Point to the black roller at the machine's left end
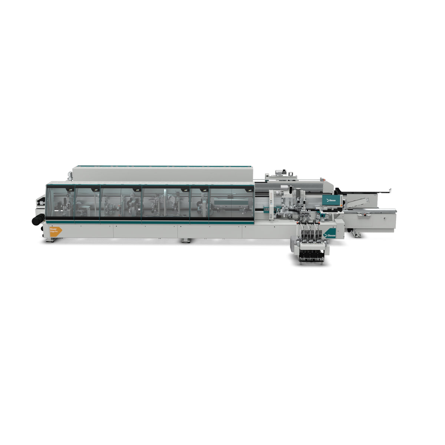pyautogui.click(x=38, y=220)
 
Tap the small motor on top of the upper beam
pyautogui.click(x=279, y=172)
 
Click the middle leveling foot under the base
pyautogui.click(x=186, y=241)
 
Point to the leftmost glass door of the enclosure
pyautogui.click(x=60, y=202)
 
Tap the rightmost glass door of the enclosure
pyautogui.click(x=231, y=202)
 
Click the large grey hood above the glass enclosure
pyautogui.click(x=163, y=174)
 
